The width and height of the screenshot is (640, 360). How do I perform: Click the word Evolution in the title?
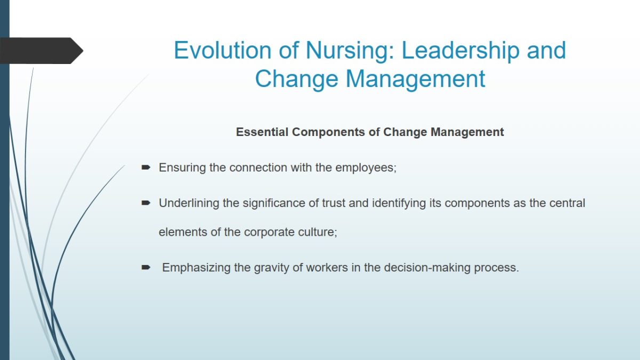click(222, 50)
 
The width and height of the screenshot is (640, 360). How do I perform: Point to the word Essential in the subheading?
click(262, 132)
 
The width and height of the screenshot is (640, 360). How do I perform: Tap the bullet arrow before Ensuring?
click(146, 167)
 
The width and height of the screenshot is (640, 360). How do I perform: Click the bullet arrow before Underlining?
click(146, 203)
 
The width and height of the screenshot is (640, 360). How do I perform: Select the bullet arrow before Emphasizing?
click(146, 267)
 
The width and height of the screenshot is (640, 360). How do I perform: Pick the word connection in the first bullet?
click(258, 167)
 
